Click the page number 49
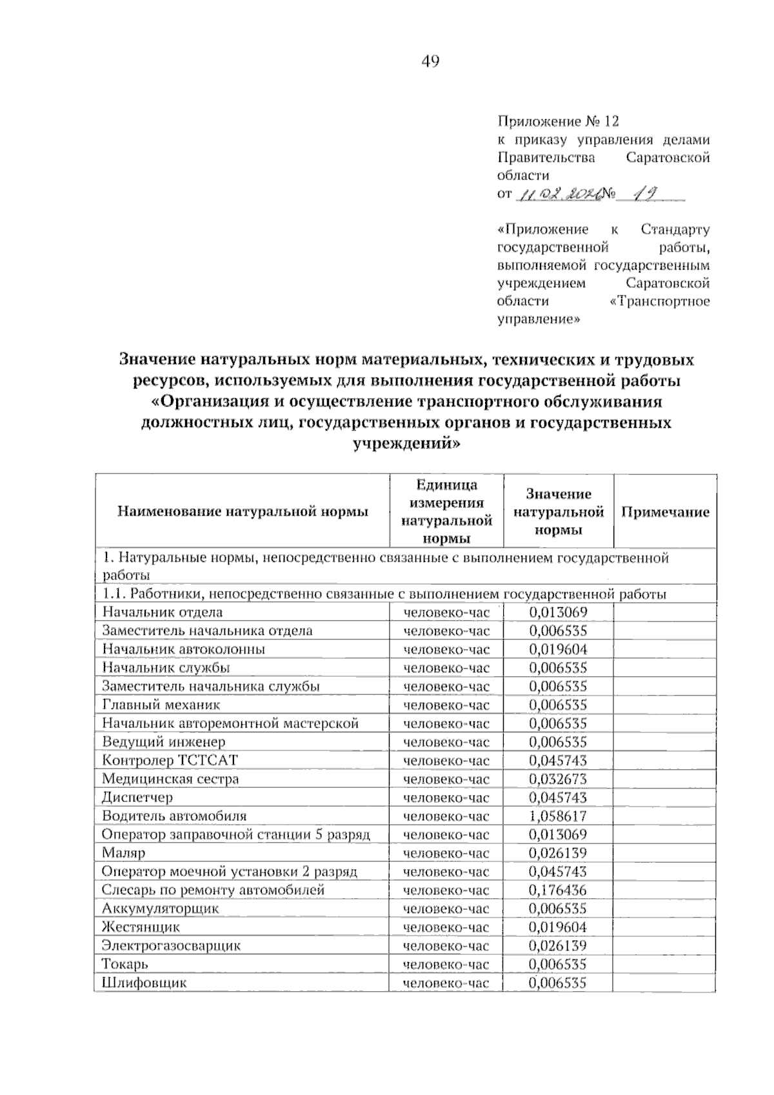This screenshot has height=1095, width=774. tap(430, 61)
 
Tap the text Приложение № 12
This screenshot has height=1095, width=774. tap(558, 121)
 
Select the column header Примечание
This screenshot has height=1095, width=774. tap(665, 512)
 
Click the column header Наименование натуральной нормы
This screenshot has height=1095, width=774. tap(243, 512)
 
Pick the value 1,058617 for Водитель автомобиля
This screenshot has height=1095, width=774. tap(558, 816)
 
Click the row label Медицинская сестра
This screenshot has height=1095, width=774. tap(170, 779)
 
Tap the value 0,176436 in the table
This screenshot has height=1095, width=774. tap(558, 890)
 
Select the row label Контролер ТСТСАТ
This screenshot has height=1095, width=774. tap(170, 760)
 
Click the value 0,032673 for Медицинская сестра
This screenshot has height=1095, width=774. tap(558, 779)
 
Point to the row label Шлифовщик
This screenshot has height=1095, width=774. tap(144, 983)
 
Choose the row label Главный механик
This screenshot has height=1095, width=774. tap(161, 705)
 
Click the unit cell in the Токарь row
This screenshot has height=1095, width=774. tap(446, 965)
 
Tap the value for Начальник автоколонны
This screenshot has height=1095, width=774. tap(558, 649)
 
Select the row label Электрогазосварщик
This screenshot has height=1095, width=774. tap(172, 946)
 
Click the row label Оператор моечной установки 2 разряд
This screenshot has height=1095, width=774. tap(230, 872)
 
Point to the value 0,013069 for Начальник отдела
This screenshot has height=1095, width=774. tap(558, 612)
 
